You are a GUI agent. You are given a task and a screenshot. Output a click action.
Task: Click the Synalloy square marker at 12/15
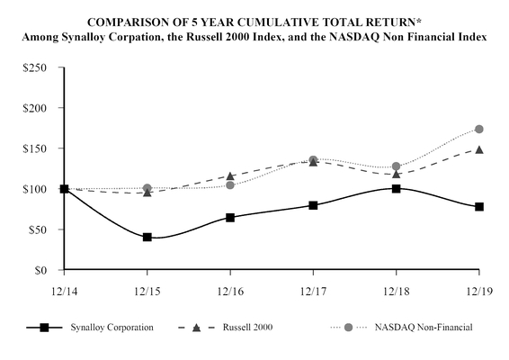click(147, 238)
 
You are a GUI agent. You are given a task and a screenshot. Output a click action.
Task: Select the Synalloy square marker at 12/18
click(396, 189)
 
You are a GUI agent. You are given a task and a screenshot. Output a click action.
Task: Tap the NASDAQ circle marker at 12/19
click(479, 130)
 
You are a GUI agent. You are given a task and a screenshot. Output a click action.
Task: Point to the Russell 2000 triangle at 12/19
click(479, 149)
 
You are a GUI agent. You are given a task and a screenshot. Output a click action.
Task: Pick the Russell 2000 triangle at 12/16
click(230, 176)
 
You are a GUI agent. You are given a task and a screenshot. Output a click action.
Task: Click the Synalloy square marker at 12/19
click(479, 207)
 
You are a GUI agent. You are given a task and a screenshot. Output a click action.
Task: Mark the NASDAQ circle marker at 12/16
click(230, 185)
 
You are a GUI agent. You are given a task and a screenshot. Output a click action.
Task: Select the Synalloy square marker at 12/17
click(313, 205)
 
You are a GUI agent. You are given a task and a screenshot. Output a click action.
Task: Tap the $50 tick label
click(40, 229)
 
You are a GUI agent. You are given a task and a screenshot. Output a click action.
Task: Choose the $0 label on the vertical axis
click(43, 270)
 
